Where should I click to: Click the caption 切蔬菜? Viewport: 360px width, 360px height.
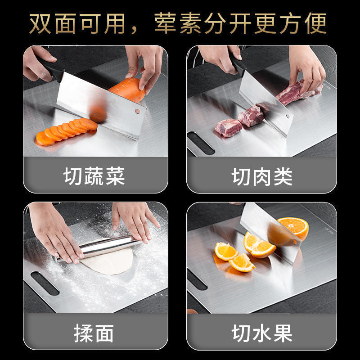coord(94,176)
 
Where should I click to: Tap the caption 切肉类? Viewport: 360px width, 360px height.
coord(262,176)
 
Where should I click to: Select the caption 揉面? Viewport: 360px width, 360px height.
coord(94,333)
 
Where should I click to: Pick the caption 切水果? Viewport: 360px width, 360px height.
coord(262,333)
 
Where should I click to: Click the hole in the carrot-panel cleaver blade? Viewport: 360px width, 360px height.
coord(137,111)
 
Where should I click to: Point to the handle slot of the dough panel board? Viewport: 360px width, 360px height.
coord(45,283)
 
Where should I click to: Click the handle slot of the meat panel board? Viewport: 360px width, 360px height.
coord(201,143)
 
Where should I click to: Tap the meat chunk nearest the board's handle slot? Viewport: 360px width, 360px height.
coord(228,128)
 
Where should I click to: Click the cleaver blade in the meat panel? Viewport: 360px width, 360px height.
coord(265,101)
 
